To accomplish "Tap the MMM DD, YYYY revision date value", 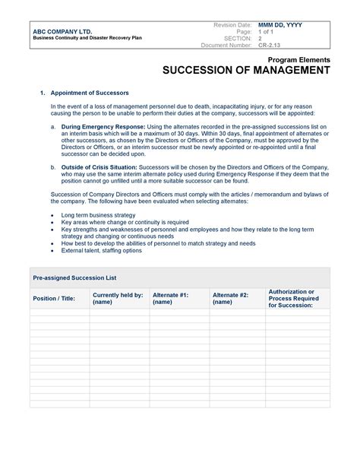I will (x=280, y=25).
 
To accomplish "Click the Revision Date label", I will (x=234, y=25).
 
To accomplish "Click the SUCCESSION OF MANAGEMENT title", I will (x=246, y=71).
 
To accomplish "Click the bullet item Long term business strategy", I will (x=99, y=215).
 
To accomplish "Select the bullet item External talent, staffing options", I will (x=101, y=250).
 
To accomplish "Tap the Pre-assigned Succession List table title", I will (x=74, y=279).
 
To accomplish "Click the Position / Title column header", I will (x=55, y=298).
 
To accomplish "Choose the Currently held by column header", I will (x=117, y=297).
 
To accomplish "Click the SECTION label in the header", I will (x=239, y=39).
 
